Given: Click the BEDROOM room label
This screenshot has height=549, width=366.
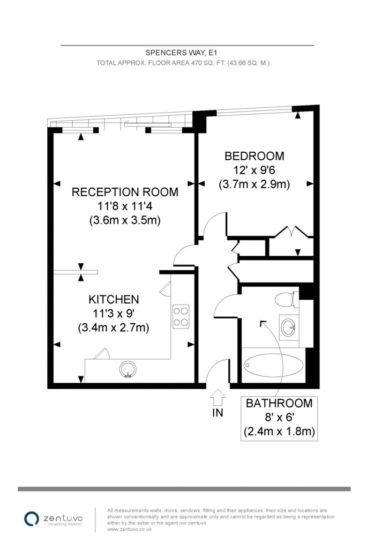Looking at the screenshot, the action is point(254,156).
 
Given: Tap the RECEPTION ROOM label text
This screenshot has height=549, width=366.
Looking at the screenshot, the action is point(125,192).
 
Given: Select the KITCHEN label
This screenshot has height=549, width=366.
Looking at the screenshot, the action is point(114,299).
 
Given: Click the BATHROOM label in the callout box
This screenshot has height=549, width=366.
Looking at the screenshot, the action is point(279,403).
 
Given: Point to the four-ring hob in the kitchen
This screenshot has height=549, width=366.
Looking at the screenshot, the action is point(181,316).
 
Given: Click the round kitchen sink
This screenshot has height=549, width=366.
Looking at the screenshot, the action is point(128,369).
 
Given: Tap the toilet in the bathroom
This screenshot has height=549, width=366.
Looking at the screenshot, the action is point(287,300).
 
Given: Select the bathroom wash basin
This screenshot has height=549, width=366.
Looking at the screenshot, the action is point(289,328).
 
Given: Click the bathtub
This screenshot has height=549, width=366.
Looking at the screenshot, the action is point(273,365).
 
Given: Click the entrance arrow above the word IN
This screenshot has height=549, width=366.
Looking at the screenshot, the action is point(218,397).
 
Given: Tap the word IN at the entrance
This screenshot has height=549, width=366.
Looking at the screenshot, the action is point(218,413).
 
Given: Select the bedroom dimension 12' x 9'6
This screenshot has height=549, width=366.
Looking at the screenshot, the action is point(254,170).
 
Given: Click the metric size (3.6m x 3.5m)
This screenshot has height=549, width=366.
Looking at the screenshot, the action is point(125,220).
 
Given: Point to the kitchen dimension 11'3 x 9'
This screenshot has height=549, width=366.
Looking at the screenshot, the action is point(114,313).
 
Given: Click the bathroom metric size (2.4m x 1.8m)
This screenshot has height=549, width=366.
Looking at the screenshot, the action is point(279,432).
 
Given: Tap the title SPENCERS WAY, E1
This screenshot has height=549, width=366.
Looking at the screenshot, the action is point(181,53).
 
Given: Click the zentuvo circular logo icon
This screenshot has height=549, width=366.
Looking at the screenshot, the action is point(31,518).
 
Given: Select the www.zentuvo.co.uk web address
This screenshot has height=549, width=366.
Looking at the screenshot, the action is point(130,529).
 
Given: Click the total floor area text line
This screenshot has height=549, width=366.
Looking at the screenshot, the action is point(183,63).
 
